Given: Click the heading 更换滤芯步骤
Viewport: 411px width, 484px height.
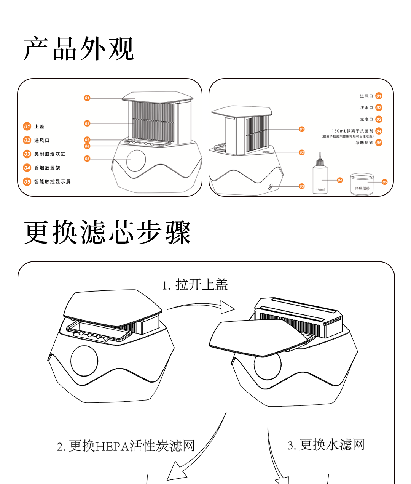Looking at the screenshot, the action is (107, 232).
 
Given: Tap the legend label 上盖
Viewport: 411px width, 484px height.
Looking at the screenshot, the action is (39, 127).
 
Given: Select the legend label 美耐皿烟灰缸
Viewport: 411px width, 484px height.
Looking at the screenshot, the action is (50, 154).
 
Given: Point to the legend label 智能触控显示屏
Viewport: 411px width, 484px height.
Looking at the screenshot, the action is (53, 181).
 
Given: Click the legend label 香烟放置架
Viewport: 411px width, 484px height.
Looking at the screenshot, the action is (47, 168).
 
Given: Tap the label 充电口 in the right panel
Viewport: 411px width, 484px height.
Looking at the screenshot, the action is (366, 119).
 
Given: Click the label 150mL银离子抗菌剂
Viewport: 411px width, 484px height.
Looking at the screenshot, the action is (352, 131).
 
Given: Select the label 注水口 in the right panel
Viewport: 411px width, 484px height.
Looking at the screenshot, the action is (366, 108).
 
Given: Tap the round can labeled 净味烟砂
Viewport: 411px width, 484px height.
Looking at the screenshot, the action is (362, 184).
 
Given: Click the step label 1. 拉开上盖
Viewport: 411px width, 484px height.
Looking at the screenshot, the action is (195, 285).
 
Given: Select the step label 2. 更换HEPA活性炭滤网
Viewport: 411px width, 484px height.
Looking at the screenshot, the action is (126, 446).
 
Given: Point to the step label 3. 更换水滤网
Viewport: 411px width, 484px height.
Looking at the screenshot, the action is (326, 444).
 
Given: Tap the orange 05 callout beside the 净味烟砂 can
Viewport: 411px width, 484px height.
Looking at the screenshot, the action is (384, 182).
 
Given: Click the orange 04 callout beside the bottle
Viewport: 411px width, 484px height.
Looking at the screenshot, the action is (340, 180).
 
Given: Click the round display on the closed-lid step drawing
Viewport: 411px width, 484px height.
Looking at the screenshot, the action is (84, 361).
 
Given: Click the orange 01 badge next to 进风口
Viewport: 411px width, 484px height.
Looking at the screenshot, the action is (379, 96).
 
